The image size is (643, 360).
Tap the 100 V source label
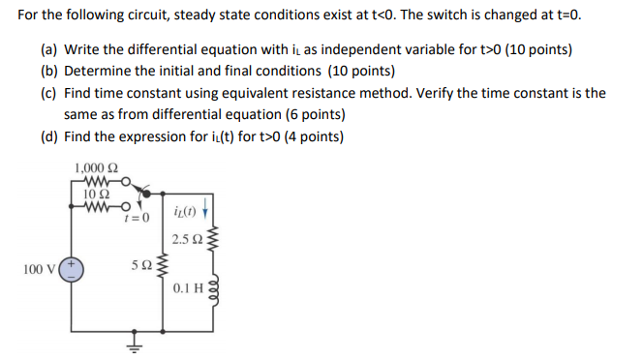39,268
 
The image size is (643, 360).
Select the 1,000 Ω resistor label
95,170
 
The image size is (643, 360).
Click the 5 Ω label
140,262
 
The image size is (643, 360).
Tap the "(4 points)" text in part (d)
309,136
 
